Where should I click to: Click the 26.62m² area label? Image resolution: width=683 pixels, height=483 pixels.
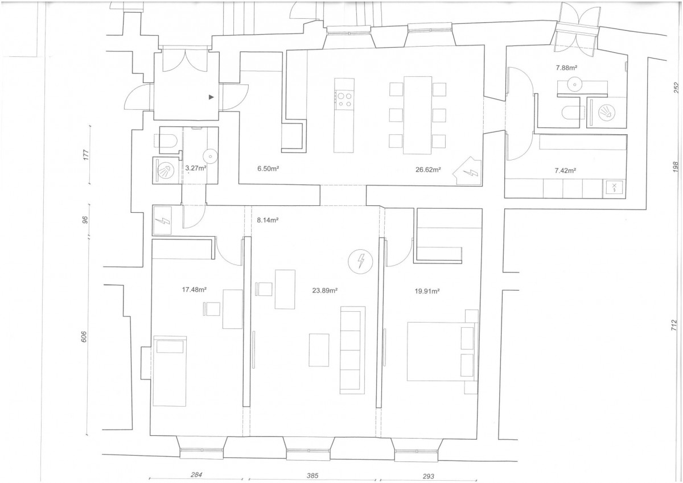pos(428,170)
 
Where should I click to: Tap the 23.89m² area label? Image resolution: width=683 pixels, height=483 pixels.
pos(325,290)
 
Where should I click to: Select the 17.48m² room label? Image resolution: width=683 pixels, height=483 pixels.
pos(194,290)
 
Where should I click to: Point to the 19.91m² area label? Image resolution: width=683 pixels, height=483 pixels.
pos(427,291)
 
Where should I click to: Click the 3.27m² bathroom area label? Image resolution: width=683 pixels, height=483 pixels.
pos(196,168)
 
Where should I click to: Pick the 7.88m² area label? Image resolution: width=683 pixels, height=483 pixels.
pos(567,68)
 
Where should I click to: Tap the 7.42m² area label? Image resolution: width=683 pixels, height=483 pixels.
pos(565,171)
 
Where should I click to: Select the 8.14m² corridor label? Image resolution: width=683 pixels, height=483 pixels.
pos(268,220)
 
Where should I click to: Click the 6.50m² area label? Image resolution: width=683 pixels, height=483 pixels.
pos(268,168)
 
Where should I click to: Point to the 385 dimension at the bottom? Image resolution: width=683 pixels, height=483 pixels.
pos(312,476)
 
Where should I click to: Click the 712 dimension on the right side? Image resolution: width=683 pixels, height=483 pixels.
pos(674,325)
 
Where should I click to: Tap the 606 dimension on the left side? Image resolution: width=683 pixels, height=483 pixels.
pos(84,336)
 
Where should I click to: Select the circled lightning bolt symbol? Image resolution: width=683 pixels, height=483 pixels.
pos(361,261)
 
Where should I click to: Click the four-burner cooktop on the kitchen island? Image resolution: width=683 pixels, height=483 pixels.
pos(344,100)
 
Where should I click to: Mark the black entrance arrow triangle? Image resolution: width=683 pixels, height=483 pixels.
pos(211,97)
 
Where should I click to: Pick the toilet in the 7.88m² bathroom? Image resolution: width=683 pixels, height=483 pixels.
pos(570,112)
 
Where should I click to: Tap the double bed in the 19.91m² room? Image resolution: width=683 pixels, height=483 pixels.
pos(442,352)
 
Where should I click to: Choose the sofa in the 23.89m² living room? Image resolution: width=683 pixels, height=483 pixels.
pos(353,350)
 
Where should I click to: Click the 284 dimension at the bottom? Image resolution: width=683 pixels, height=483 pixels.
pos(196,474)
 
